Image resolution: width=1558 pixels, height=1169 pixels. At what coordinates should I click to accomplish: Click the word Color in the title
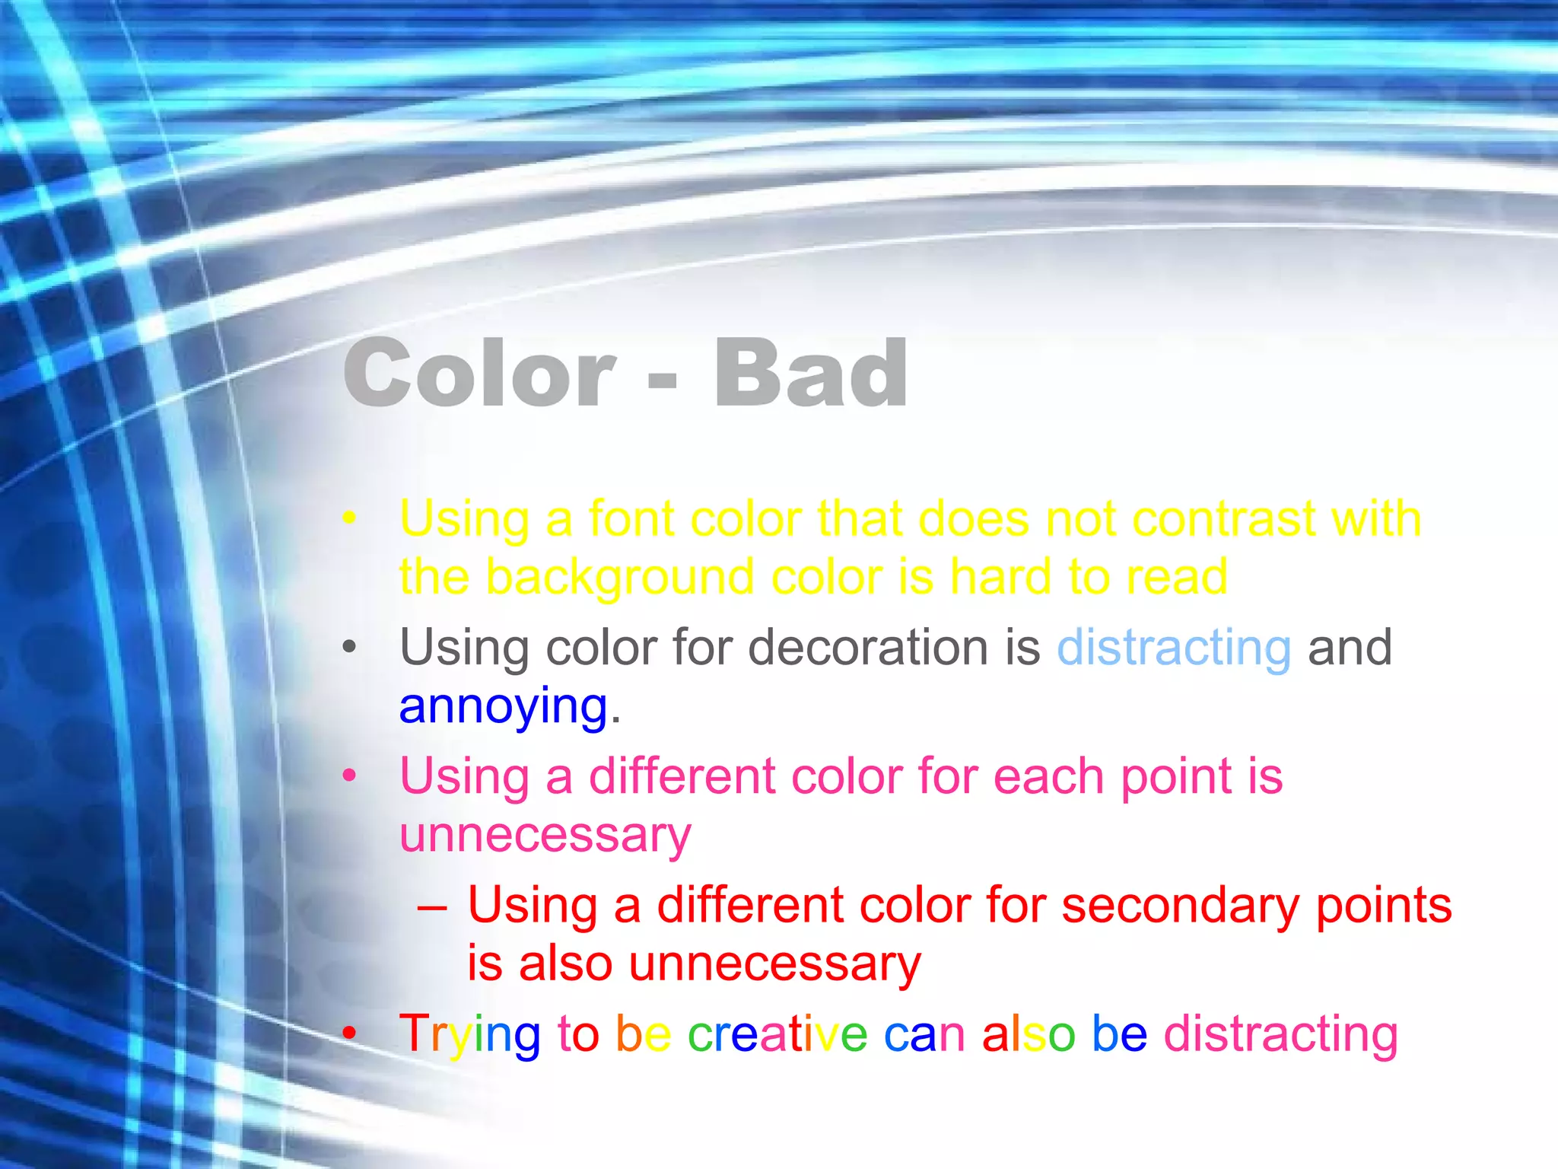pos(479,374)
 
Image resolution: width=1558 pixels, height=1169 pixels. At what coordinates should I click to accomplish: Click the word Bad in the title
pos(811,374)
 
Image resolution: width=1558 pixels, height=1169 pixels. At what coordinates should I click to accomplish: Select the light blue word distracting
pos(1174,648)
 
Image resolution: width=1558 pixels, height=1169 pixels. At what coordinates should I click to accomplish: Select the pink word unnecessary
pos(545,836)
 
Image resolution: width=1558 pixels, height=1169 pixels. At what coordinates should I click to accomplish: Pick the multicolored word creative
pos(777,1034)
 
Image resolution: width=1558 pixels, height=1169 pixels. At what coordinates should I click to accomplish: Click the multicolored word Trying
pos(469,1035)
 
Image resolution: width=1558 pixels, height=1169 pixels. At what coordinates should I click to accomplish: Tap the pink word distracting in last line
pos(1280,1034)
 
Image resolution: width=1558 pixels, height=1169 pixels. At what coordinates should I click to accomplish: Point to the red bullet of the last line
pos(349,1034)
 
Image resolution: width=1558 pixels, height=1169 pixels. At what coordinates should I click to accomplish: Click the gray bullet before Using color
pos(349,648)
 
